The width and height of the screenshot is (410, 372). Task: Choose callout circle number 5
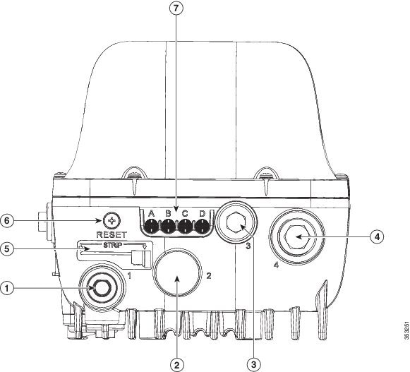click(8, 249)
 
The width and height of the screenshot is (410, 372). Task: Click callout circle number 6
click(8, 220)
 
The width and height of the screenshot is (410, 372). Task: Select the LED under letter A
click(150, 227)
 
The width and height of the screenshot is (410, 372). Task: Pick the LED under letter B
click(168, 227)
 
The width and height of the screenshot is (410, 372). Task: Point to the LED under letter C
click(185, 227)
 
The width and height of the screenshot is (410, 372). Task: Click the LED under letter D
click(202, 227)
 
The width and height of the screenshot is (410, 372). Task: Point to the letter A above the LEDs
click(151, 213)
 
